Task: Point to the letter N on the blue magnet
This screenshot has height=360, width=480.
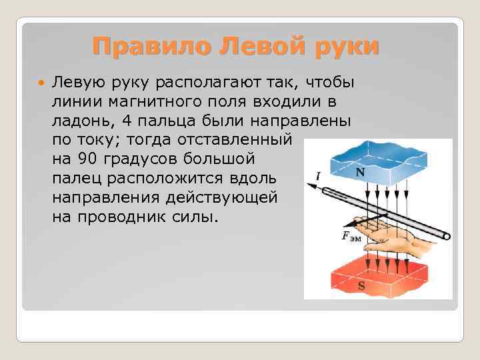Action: click(359, 172)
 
